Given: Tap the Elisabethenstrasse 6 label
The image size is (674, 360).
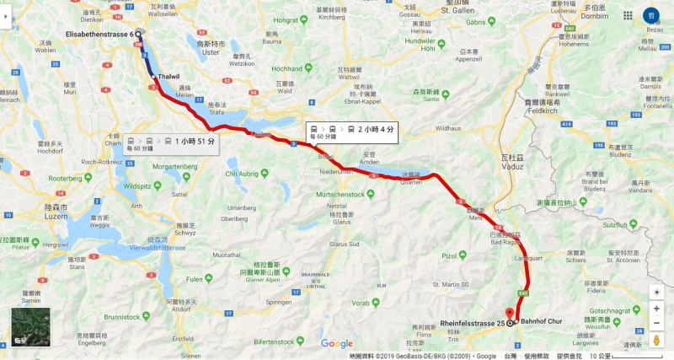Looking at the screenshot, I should (99, 35).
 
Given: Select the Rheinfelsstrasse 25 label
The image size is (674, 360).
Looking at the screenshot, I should (472, 323).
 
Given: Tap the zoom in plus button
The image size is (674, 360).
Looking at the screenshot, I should (656, 291).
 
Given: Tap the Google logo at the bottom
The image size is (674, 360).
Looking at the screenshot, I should (336, 343).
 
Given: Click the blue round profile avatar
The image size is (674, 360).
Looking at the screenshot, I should (651, 15).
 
